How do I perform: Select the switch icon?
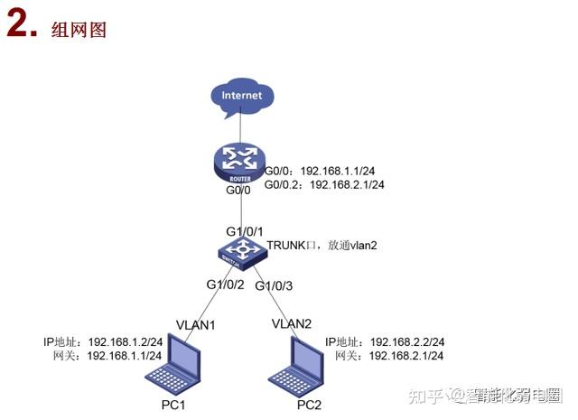pos(241,252)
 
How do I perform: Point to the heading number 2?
pos(20,27)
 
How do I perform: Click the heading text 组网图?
pos(86,30)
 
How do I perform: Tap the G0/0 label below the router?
pos(240,191)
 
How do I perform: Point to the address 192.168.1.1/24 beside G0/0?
pos(338,170)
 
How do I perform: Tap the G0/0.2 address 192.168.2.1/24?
pos(348,184)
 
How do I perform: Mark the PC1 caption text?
pos(171,404)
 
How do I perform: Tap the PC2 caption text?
pos(309,404)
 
